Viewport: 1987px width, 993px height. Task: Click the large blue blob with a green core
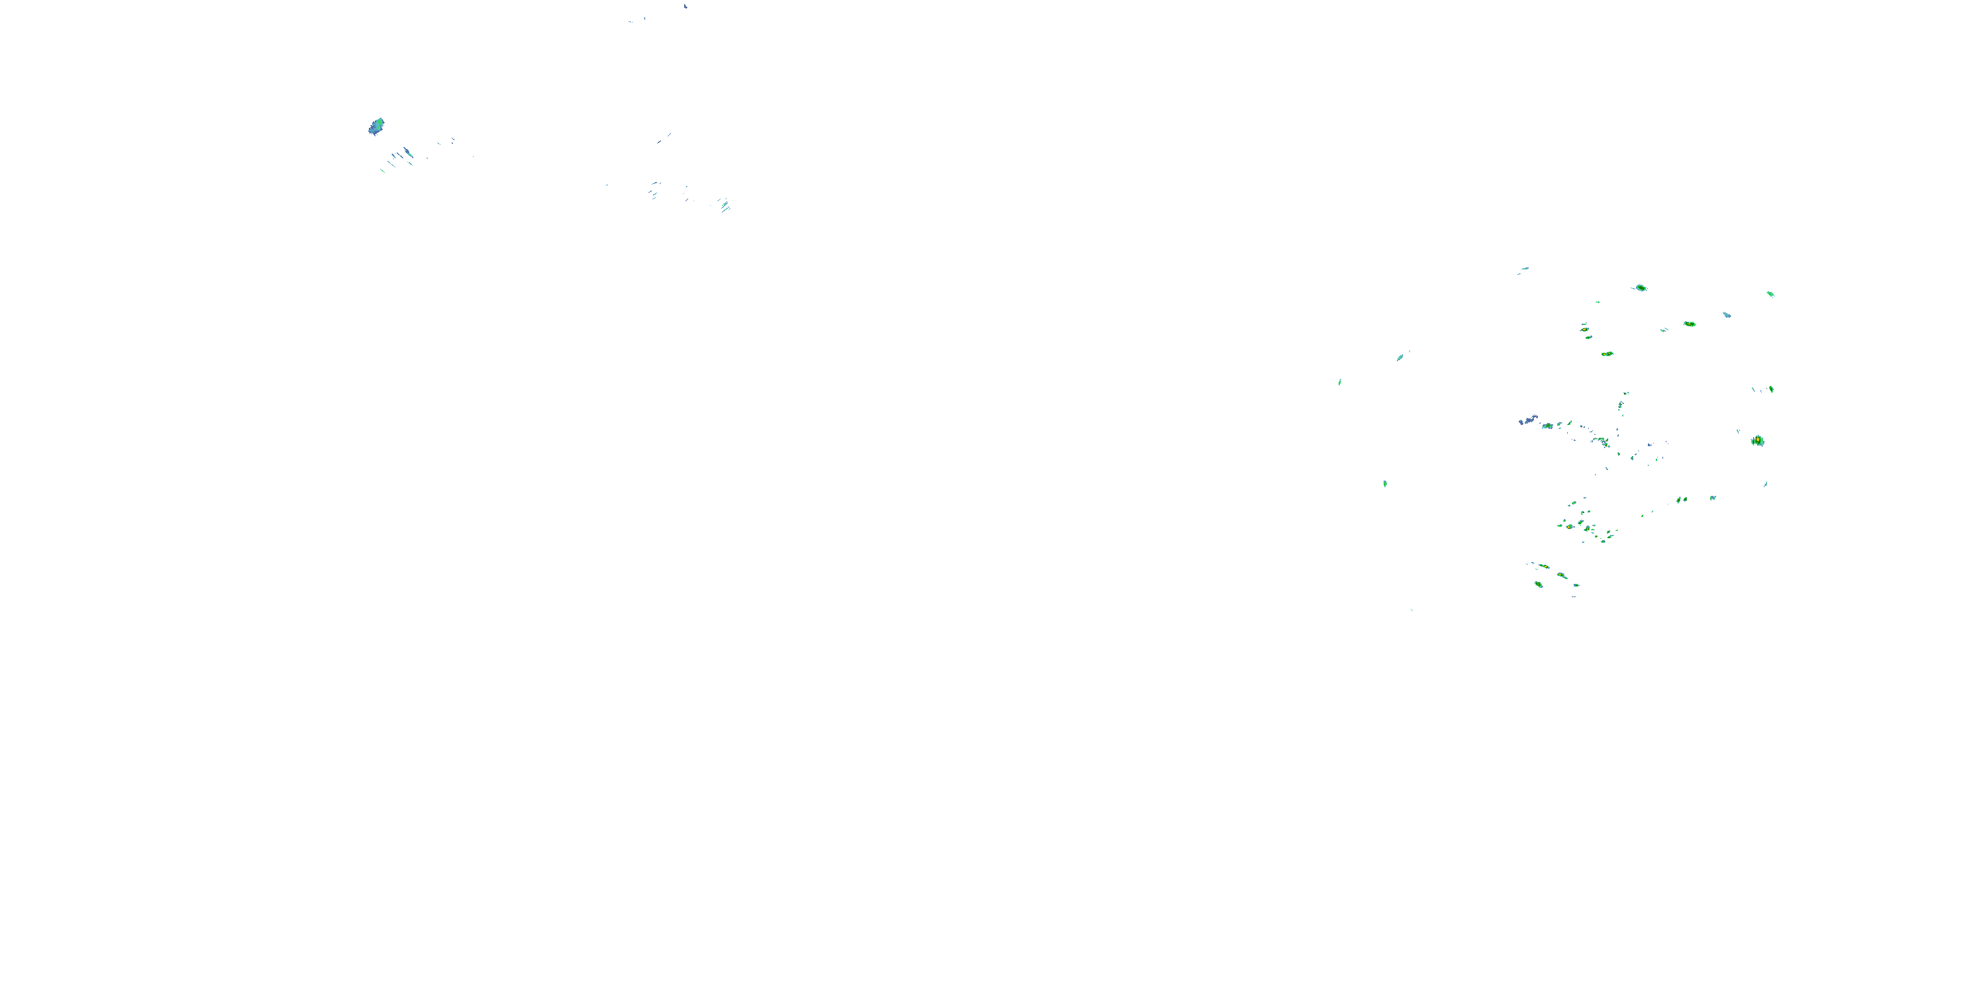tap(376, 126)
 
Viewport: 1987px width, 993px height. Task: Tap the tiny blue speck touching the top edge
tap(685, 5)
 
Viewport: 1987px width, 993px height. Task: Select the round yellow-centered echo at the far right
tap(1757, 440)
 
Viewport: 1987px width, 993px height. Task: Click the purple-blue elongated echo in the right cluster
tap(1527, 420)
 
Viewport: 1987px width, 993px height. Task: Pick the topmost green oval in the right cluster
tap(1641, 287)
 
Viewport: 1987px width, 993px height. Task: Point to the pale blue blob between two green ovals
tap(1727, 314)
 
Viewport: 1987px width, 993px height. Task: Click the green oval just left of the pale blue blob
tap(1689, 324)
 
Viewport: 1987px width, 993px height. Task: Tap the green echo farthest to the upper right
tap(1770, 294)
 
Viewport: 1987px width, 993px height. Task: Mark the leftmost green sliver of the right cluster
tap(1340, 381)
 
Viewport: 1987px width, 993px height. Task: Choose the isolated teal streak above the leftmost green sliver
tap(1401, 357)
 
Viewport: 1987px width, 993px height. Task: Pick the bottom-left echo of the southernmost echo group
tap(1538, 585)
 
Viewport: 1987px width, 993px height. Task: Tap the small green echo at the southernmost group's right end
tap(1576, 585)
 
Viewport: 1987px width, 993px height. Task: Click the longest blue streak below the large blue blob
tap(407, 152)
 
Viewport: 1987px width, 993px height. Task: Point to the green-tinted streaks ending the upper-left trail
tap(725, 205)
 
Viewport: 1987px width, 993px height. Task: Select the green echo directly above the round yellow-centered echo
tap(1770, 389)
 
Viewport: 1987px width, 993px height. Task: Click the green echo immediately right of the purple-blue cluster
tap(1547, 426)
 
